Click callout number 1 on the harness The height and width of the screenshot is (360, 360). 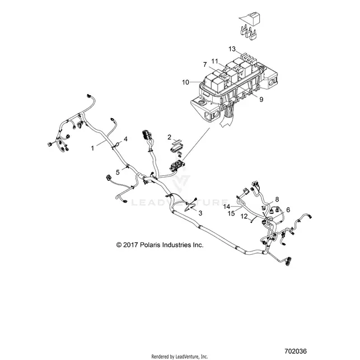[x=92, y=148]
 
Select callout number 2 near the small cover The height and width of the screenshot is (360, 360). [x=170, y=137]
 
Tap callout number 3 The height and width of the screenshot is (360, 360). [x=200, y=213]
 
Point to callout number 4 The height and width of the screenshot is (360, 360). [x=125, y=139]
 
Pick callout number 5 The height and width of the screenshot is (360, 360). [x=118, y=172]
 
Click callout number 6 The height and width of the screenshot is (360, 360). [x=288, y=209]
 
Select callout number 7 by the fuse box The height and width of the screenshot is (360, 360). [x=205, y=64]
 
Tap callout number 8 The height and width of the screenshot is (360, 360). [x=277, y=199]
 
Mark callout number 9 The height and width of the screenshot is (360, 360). [x=261, y=100]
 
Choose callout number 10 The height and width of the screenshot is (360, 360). [x=185, y=82]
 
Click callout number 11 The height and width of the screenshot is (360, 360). [x=214, y=61]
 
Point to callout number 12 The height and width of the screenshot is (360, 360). [x=244, y=216]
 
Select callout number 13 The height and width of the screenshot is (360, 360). [x=232, y=49]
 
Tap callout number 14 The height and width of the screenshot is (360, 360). [x=227, y=207]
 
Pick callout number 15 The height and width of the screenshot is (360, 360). [x=231, y=213]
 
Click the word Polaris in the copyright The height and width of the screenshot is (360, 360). [x=150, y=245]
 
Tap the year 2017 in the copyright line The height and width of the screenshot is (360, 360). [x=130, y=245]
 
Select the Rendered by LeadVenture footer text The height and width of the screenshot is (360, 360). [x=180, y=357]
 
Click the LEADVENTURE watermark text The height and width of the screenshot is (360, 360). [x=180, y=203]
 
